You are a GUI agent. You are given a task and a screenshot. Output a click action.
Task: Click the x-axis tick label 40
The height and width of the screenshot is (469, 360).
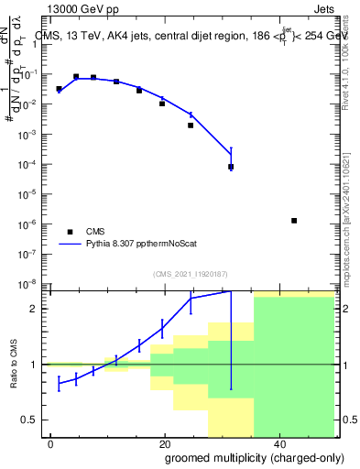point(279,443)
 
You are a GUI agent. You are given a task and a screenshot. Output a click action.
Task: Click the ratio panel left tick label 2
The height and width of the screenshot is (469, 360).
point(39,309)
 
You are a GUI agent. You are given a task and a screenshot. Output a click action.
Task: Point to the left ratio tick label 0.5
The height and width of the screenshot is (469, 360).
point(35,420)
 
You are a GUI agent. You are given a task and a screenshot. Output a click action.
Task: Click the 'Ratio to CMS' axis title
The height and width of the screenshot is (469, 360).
point(15,364)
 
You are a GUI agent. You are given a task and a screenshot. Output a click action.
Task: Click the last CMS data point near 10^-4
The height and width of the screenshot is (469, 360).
point(231,167)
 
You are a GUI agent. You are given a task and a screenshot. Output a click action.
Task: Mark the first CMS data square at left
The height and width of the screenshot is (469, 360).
point(59,90)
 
